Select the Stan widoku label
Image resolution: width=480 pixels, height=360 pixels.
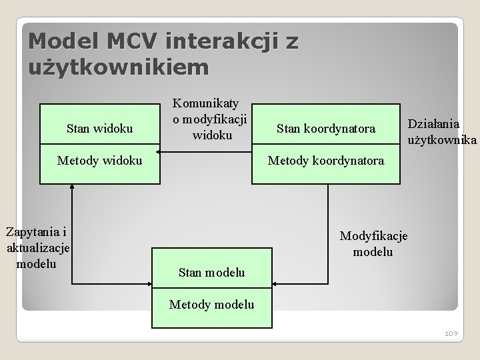[100, 127]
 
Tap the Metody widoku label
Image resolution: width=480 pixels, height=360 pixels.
[100, 160]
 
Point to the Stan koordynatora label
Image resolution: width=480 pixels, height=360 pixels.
[326, 127]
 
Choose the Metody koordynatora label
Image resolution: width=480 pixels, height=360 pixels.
[326, 160]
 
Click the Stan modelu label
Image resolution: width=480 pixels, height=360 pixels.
[212, 272]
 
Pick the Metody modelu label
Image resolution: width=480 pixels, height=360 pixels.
[212, 305]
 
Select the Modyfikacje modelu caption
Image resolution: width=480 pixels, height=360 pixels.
[373, 243]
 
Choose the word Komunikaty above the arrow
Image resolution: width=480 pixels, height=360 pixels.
[211, 104]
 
